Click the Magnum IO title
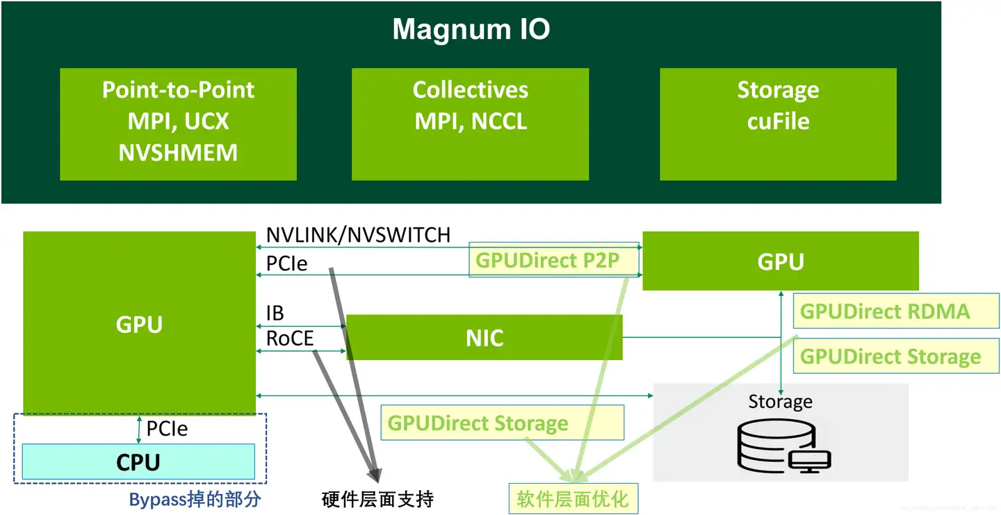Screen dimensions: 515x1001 point(471,29)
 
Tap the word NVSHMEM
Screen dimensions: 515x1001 point(178,152)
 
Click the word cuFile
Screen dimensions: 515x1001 point(778,121)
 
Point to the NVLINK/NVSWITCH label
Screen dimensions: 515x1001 point(358,235)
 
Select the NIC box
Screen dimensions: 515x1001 point(484,338)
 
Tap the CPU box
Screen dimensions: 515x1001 point(138,461)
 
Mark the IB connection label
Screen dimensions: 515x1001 point(275,313)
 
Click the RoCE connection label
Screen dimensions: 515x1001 point(290,338)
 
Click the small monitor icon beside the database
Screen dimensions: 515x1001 point(811,461)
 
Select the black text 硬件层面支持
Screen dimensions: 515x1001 point(378,498)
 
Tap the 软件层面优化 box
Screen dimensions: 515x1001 point(572,498)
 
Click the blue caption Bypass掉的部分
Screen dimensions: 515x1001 point(195,499)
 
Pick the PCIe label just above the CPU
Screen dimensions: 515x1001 point(167,429)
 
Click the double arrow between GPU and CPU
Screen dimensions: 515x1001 point(139,430)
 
